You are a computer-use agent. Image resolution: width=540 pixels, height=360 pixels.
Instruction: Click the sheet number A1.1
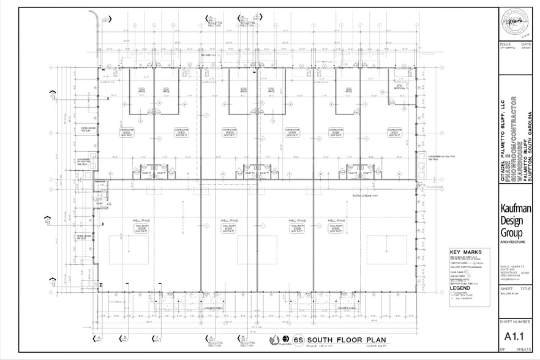pyautogui.click(x=516, y=336)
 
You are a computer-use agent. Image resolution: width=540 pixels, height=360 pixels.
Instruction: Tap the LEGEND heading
pyautogui.click(x=459, y=288)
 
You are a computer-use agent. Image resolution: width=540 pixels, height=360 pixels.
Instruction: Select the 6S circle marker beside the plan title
pyautogui.click(x=298, y=340)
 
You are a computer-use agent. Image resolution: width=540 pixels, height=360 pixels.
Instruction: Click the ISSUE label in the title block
pyautogui.click(x=506, y=45)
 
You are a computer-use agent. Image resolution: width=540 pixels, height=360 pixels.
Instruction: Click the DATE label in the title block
pyautogui.click(x=525, y=45)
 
